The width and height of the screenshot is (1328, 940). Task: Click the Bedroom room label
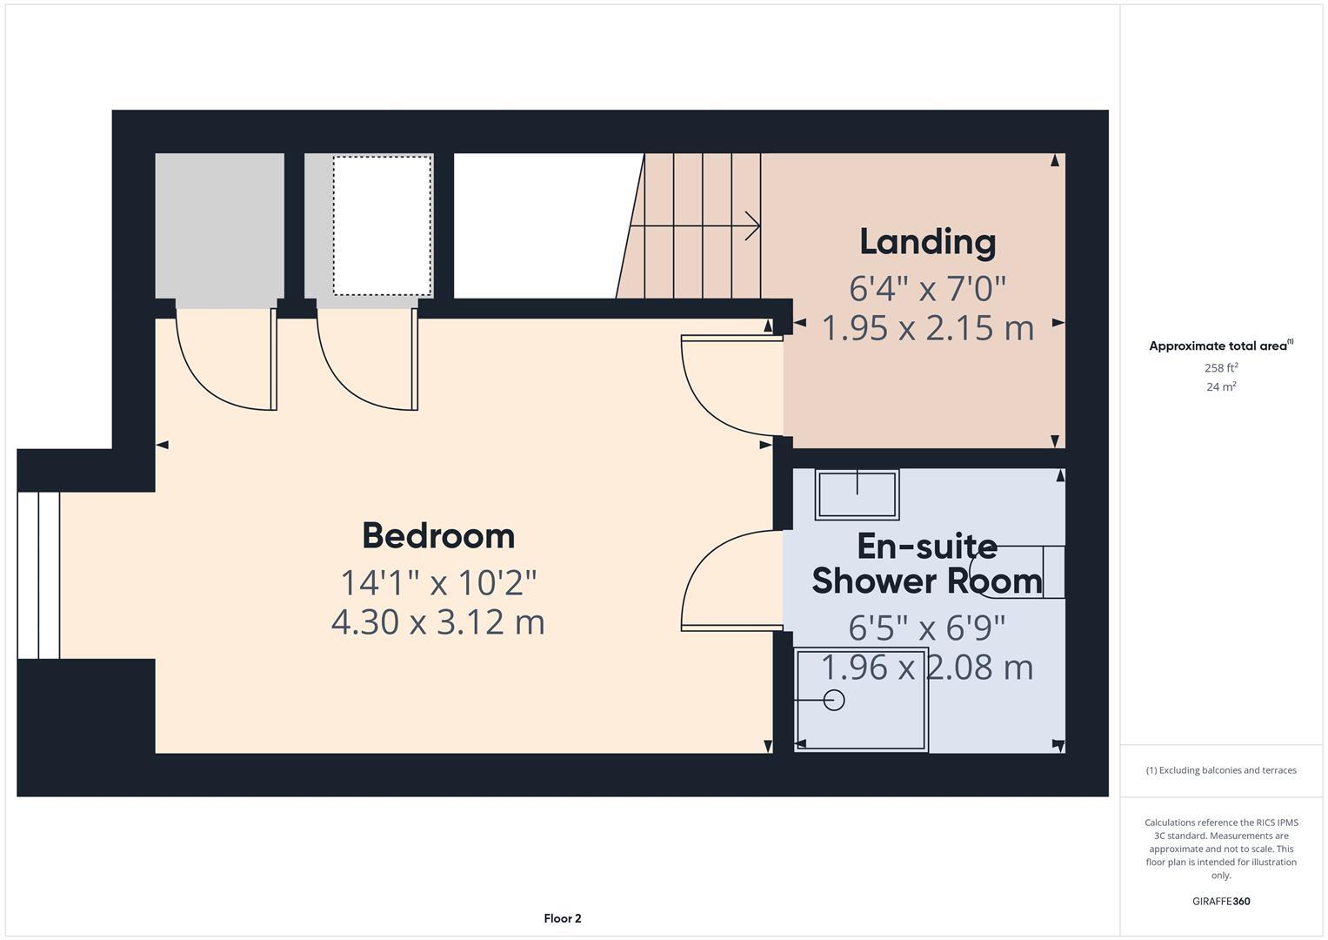pyautogui.click(x=438, y=535)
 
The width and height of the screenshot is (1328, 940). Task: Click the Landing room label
pyautogui.click(x=927, y=242)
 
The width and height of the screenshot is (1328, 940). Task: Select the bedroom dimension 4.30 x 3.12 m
pyautogui.click(x=438, y=622)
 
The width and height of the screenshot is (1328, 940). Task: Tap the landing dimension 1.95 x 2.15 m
pyautogui.click(x=927, y=328)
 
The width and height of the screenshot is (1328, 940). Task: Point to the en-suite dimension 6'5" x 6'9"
pyautogui.click(x=927, y=627)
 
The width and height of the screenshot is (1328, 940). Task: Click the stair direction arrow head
pyautogui.click(x=753, y=225)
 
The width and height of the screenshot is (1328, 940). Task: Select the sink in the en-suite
pyautogui.click(x=857, y=494)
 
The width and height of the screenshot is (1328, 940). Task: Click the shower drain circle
pyautogui.click(x=834, y=700)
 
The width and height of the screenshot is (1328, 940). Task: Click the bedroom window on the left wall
pyautogui.click(x=38, y=574)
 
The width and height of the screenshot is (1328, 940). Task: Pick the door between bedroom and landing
pyautogui.click(x=726, y=383)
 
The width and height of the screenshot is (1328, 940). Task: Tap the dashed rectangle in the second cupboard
pyautogui.click(x=382, y=226)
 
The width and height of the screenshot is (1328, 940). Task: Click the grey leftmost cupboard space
pyautogui.click(x=219, y=226)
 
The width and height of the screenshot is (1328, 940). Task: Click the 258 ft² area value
pyautogui.click(x=1220, y=368)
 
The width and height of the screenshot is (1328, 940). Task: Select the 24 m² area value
pyautogui.click(x=1220, y=387)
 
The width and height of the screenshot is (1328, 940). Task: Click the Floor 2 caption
pyautogui.click(x=562, y=918)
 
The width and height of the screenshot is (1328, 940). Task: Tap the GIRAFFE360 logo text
pyautogui.click(x=1220, y=901)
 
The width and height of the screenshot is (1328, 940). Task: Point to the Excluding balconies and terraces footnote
pyautogui.click(x=1220, y=770)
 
